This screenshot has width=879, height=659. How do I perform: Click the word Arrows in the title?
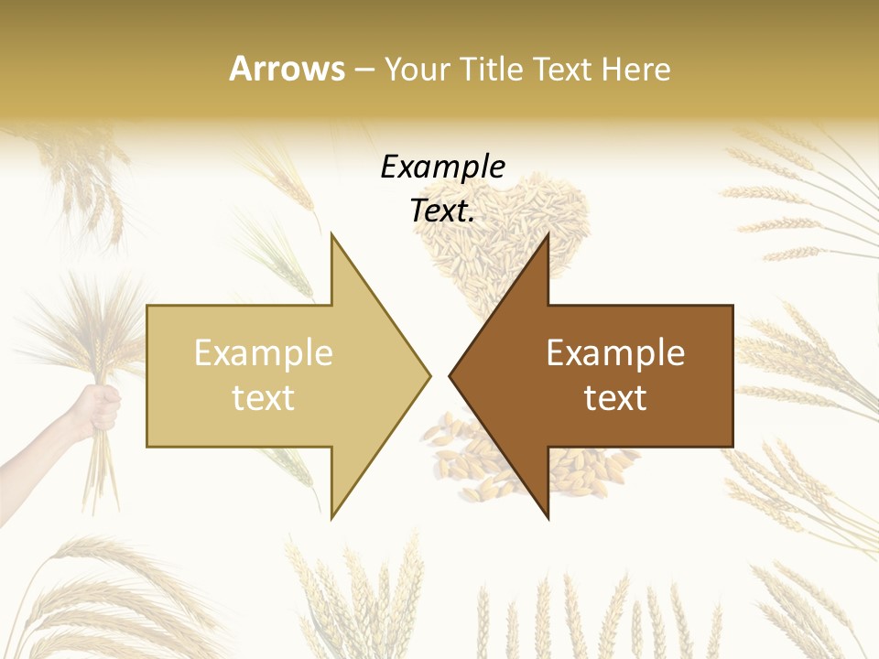click(288, 69)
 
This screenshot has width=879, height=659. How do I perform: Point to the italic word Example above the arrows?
click(443, 167)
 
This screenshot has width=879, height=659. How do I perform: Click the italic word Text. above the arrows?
click(443, 211)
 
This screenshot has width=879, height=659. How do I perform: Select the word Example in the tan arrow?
click(264, 352)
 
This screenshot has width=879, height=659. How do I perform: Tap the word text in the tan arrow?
click(264, 397)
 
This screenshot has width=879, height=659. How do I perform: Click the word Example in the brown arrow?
click(615, 352)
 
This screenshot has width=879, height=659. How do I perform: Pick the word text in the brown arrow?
click(615, 397)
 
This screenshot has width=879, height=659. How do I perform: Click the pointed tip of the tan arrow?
click(429, 375)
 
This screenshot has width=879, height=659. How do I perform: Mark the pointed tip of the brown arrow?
click(451, 375)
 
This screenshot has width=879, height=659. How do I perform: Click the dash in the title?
click(364, 70)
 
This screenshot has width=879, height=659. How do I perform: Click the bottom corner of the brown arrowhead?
click(548, 517)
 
